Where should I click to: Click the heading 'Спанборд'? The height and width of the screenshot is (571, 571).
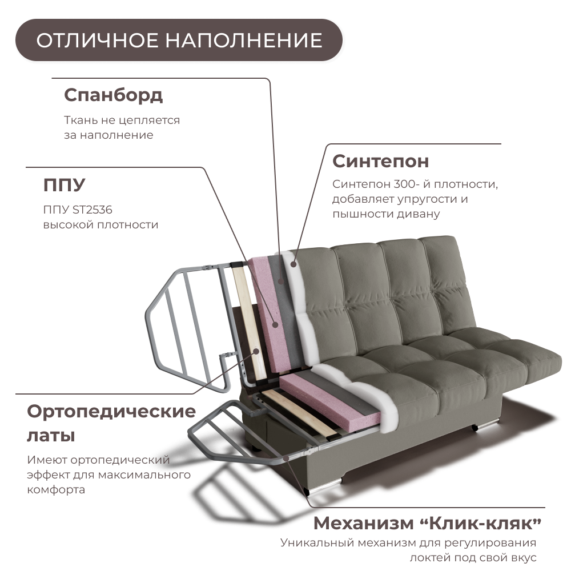coord(113,95)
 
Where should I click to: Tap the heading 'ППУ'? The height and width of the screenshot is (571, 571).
coord(64,185)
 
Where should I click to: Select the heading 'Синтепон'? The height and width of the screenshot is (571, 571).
coord(380,161)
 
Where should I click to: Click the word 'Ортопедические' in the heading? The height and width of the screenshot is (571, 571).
coord(111,411)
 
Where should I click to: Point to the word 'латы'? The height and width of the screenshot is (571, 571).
coord(51,436)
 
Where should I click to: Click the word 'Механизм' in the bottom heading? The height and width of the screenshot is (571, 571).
coord(361,522)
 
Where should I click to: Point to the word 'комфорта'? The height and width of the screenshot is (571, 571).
coord(56,490)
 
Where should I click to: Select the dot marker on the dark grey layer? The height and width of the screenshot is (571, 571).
coord(282,280)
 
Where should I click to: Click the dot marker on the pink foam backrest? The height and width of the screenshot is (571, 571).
coord(276,324)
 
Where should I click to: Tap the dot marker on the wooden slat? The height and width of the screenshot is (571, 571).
coord(256,352)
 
